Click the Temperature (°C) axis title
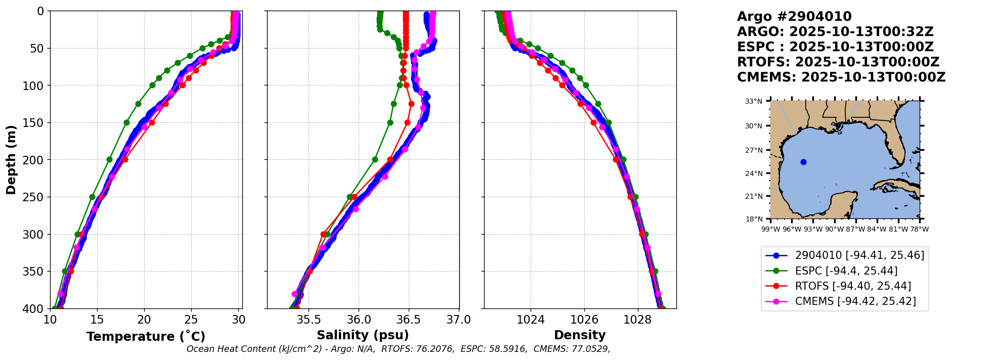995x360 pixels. pyautogui.click(x=146, y=337)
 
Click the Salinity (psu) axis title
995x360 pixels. pyautogui.click(x=363, y=335)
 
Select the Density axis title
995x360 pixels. pyautogui.click(x=580, y=335)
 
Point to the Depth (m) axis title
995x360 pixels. pyautogui.click(x=11, y=159)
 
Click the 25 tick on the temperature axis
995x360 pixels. pyautogui.click(x=191, y=320)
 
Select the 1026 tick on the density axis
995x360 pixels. pyautogui.click(x=584, y=320)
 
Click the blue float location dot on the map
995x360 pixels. pyautogui.click(x=803, y=162)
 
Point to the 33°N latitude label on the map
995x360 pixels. pyautogui.click(x=753, y=101)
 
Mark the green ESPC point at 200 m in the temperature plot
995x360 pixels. pyautogui.click(x=109, y=159)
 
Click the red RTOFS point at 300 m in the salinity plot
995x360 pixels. pyautogui.click(x=324, y=234)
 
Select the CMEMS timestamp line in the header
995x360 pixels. pyautogui.click(x=841, y=77)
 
